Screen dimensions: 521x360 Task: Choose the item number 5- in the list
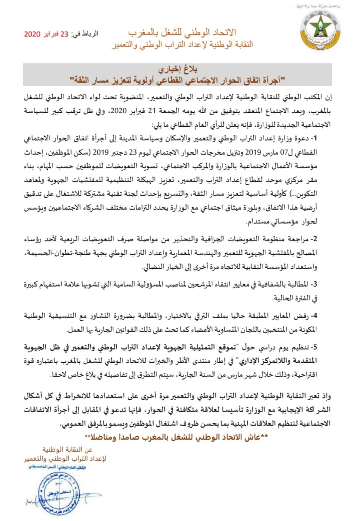319,347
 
